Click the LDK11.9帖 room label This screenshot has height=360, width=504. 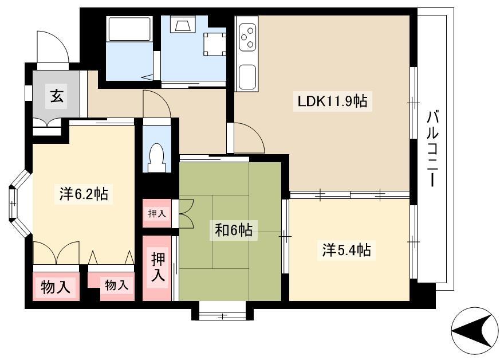332,101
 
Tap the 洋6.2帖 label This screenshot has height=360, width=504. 84,194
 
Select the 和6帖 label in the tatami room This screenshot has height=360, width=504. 233,230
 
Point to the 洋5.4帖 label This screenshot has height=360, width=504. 346,250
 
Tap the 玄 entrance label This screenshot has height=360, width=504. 57,96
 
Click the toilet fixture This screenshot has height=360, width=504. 157,157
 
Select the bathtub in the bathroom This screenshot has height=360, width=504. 129,29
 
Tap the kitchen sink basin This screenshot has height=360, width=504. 247,77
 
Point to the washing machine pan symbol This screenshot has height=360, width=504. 214,44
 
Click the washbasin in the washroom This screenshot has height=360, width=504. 184,24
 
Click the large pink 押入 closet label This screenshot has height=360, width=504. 157,267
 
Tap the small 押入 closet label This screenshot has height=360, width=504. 157,213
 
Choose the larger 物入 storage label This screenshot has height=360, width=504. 56,287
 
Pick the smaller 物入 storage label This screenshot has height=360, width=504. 117,285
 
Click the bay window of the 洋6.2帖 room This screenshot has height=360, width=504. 19,204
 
